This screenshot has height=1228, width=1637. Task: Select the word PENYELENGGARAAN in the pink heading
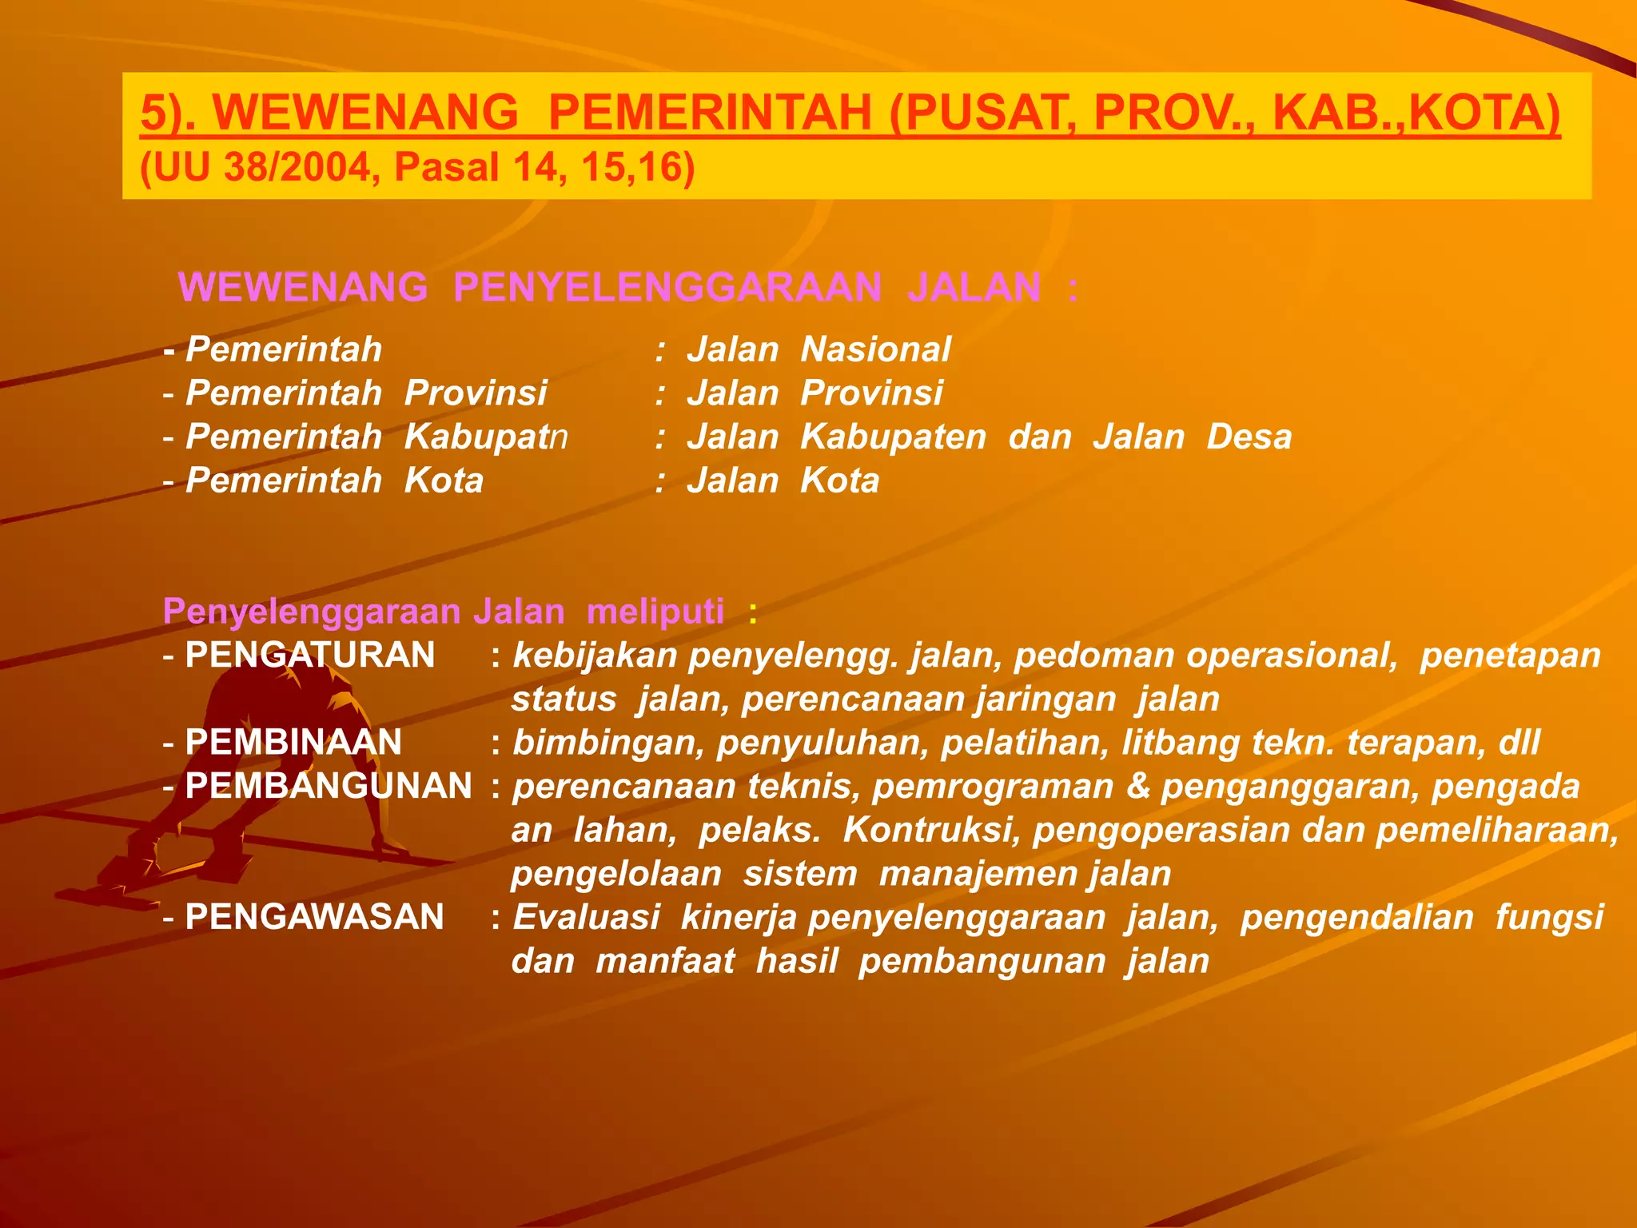667,287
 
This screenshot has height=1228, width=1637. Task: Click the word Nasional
875,350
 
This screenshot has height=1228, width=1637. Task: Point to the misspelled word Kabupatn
486,437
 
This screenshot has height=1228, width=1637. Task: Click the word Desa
1249,437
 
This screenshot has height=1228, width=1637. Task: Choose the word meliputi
655,612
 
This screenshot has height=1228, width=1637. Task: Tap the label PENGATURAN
310,656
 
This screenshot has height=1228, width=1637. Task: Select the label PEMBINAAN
293,743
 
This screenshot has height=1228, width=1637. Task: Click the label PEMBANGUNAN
329,787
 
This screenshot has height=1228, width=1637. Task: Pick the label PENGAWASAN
314,917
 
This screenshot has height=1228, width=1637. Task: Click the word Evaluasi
587,917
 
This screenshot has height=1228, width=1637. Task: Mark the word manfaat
665,961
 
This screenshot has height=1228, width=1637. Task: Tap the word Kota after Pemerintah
444,481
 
